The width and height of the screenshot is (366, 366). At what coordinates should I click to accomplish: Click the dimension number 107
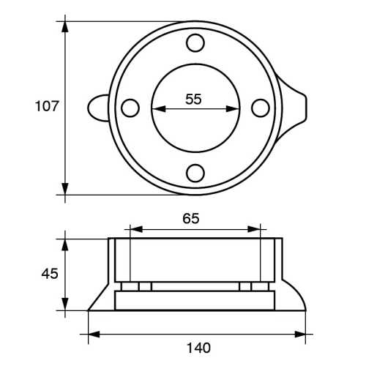click(x=48, y=106)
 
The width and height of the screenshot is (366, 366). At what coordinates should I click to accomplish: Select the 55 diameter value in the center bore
click(x=193, y=100)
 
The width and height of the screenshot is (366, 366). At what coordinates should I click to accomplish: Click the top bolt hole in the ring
click(x=195, y=44)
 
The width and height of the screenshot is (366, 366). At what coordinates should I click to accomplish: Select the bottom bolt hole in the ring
click(x=195, y=173)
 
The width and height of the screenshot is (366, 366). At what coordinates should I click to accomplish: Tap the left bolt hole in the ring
click(x=130, y=108)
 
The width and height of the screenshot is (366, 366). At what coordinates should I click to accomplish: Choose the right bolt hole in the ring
click(x=260, y=108)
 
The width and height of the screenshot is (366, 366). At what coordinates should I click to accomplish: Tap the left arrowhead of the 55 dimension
click(x=157, y=109)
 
